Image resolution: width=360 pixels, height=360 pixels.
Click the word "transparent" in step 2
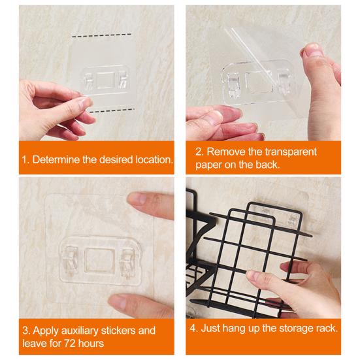tap(291, 152)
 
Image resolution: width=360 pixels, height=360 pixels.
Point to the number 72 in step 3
tap(69, 344)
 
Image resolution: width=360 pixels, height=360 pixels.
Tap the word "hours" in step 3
tap(91, 344)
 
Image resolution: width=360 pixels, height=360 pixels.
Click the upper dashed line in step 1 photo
tap(101, 35)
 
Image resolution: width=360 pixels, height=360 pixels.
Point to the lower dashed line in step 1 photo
tap(112, 110)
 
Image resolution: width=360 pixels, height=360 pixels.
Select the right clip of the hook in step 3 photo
tap(128, 261)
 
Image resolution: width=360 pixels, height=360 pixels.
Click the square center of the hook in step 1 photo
tap(105, 80)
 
